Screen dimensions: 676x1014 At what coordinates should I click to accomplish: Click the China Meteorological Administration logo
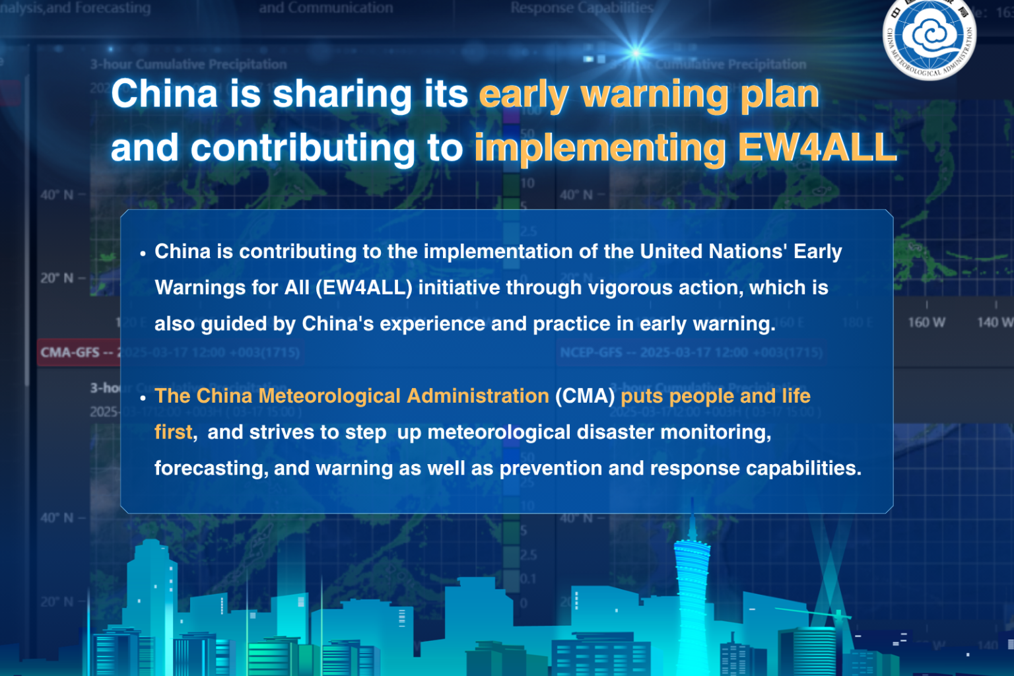(x=929, y=38)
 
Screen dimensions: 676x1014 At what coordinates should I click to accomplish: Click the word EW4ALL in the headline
(x=817, y=147)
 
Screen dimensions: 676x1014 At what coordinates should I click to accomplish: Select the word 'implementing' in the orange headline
(x=599, y=149)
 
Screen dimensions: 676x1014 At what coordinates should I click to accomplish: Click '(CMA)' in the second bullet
(x=585, y=396)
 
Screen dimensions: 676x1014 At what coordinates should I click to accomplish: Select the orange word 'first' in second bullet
(x=174, y=432)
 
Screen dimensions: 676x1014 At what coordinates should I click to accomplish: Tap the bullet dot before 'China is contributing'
(x=143, y=253)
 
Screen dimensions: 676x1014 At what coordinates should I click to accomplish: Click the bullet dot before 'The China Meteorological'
(x=143, y=398)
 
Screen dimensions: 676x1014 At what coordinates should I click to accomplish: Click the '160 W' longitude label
(x=926, y=322)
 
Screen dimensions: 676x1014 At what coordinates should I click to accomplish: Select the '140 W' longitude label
(x=994, y=322)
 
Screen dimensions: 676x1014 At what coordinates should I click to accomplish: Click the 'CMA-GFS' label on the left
(x=70, y=353)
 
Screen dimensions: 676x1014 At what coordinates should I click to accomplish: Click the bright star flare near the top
(x=636, y=52)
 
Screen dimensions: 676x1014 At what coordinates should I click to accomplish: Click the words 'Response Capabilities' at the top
(x=582, y=8)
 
